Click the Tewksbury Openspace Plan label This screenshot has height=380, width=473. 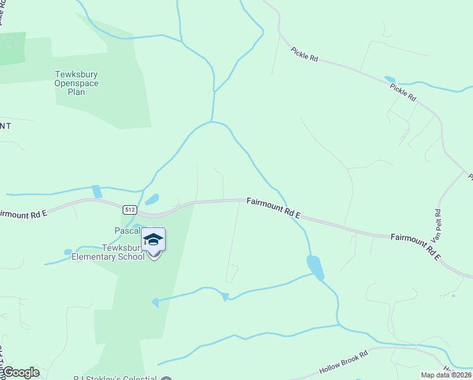(77, 83)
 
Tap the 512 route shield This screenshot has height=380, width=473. (130, 210)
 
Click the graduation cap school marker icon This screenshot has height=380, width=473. (153, 239)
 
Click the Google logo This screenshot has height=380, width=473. (20, 372)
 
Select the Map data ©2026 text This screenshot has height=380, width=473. (446, 375)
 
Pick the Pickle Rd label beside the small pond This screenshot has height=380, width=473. (403, 92)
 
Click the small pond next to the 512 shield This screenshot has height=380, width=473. (151, 199)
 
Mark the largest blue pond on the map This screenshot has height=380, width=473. (315, 267)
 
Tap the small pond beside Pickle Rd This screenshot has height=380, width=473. (390, 80)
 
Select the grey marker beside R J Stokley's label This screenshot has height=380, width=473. (166, 378)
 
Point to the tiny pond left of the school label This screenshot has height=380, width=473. (68, 252)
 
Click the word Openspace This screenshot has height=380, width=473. (77, 83)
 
